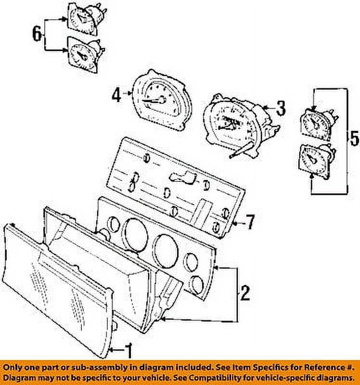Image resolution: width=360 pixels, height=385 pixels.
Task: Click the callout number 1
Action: click(129, 351)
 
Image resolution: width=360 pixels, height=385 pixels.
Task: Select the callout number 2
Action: click(245, 293)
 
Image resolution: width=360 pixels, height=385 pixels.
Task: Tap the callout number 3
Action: click(281, 108)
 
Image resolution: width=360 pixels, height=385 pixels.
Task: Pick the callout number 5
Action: click(355, 138)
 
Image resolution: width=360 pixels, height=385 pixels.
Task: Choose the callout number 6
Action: click(37, 34)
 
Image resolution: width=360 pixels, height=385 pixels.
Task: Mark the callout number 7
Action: click(250, 222)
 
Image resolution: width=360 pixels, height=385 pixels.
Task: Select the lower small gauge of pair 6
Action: click(85, 54)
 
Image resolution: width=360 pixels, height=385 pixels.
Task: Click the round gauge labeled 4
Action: click(162, 100)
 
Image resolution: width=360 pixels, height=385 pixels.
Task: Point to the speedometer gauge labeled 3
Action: click(239, 123)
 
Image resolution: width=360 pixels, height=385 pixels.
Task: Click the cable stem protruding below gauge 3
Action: click(242, 150)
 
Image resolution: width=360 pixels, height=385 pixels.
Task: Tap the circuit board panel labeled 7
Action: click(176, 188)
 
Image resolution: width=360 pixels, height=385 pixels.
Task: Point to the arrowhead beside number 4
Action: click(130, 93)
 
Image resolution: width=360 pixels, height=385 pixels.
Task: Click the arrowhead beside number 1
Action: click(111, 350)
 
